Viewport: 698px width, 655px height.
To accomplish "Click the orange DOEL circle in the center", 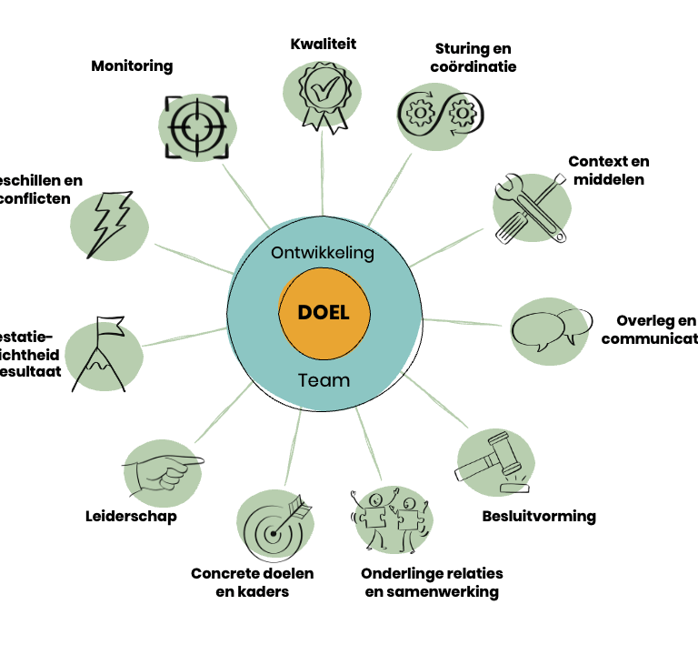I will coord(323,313).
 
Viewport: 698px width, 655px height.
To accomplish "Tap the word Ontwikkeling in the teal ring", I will coord(323,253).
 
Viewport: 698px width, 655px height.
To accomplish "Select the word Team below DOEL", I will coord(324,380).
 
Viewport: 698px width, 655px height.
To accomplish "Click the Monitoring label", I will coord(132,66).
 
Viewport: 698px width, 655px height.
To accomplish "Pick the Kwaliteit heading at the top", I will coord(324,44).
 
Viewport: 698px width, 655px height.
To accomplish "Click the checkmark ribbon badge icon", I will coord(322,95).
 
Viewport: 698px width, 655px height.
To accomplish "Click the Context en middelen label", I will coord(608,170).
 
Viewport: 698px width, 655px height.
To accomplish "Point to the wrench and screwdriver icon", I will coord(530,207).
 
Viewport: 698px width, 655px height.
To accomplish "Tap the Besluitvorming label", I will coord(538,517).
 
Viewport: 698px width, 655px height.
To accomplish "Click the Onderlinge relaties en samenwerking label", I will coord(432,583).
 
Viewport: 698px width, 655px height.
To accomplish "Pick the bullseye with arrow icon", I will coord(276,527).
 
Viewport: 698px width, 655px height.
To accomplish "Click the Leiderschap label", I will coord(131,517).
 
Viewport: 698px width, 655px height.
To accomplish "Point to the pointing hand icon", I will coord(162,469).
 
